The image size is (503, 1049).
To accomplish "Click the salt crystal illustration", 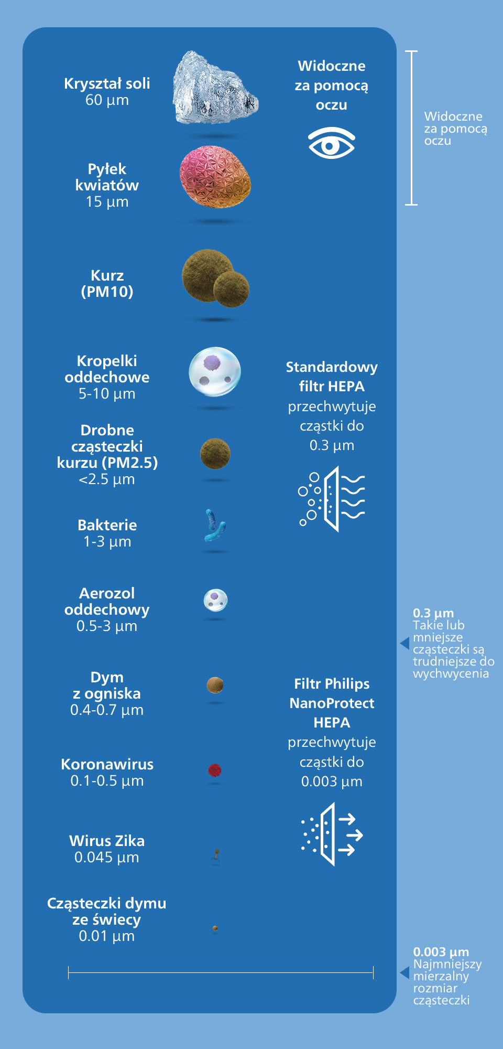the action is click(x=215, y=88).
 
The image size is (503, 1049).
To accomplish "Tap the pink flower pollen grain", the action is click(x=215, y=177).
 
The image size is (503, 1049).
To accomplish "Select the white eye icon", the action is click(x=332, y=143).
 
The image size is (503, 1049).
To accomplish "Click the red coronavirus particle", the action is click(x=215, y=770).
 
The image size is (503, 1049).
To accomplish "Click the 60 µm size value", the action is click(x=107, y=100).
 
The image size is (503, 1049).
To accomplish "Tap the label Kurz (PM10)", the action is click(x=107, y=284).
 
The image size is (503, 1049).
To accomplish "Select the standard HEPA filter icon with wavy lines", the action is click(x=332, y=499).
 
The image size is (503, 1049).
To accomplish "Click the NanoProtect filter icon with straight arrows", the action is click(x=332, y=834).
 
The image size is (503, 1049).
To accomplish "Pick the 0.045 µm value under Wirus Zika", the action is click(x=107, y=858).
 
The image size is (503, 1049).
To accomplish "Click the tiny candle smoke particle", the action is click(x=215, y=928).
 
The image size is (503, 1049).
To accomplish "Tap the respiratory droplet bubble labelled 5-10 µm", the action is click(x=215, y=372).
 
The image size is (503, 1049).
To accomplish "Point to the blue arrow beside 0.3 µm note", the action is click(x=404, y=643).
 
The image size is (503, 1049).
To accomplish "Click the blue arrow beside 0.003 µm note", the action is click(x=404, y=973).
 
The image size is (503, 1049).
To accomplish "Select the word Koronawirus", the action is click(x=107, y=764).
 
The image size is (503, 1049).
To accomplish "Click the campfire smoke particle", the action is click(x=215, y=685).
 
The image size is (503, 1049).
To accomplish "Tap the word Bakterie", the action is click(x=107, y=525).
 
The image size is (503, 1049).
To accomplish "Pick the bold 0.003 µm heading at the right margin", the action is click(x=441, y=952).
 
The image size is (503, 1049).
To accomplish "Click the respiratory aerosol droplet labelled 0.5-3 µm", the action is click(x=215, y=601).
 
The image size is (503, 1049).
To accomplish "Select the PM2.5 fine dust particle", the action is click(x=215, y=454).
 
